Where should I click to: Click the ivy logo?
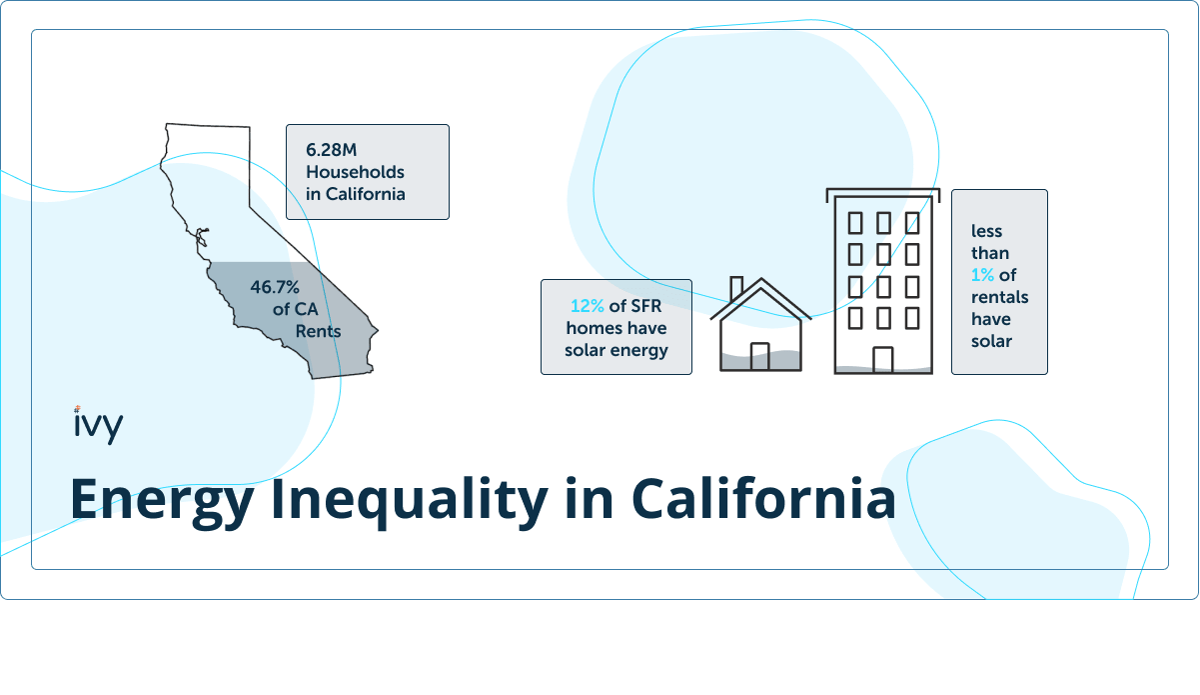click(x=99, y=425)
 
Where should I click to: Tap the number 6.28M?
click(x=331, y=150)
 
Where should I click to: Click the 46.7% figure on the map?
click(x=275, y=287)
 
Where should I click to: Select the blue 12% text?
click(x=588, y=306)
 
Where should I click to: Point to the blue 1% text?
click(x=982, y=275)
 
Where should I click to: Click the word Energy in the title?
click(x=162, y=500)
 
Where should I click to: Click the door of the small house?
click(x=759, y=356)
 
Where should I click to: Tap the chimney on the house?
click(x=736, y=288)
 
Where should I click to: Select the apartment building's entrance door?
click(x=883, y=359)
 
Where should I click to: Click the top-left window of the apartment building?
click(x=855, y=223)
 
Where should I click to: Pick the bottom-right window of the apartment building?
click(x=912, y=318)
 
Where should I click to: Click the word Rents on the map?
click(x=318, y=331)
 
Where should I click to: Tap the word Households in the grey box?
click(x=355, y=172)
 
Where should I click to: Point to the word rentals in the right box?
click(x=999, y=297)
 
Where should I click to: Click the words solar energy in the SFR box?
click(x=616, y=350)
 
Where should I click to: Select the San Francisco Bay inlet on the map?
click(x=202, y=236)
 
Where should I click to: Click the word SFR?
click(x=646, y=306)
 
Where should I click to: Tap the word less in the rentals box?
click(x=986, y=231)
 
